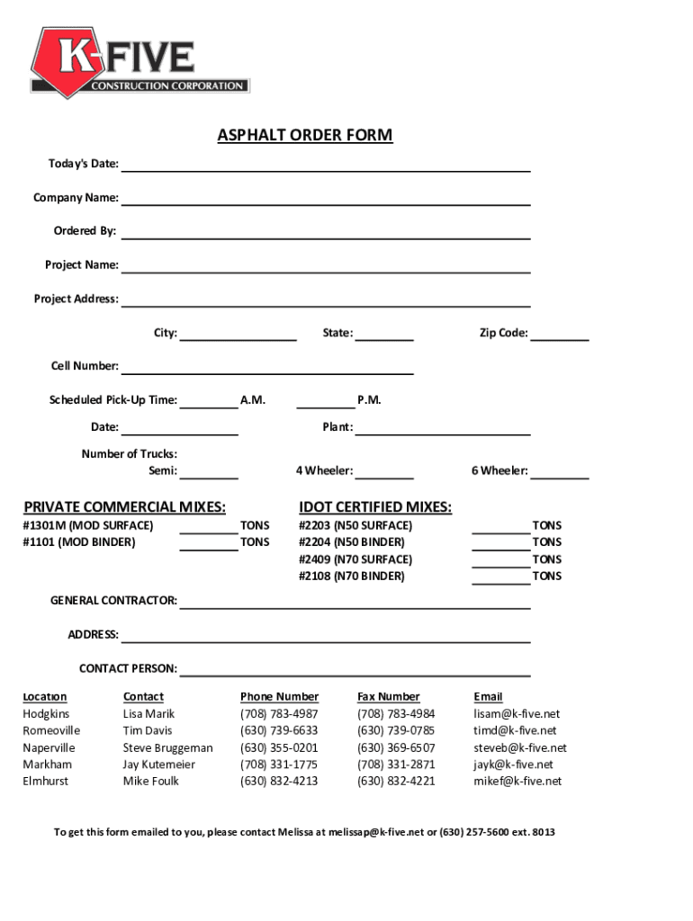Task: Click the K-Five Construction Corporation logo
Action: click(x=139, y=60)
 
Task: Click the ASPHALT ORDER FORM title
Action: click(x=305, y=136)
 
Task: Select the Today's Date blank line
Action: click(x=325, y=165)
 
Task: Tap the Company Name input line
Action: click(x=325, y=199)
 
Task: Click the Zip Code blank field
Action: click(x=559, y=335)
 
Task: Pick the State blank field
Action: click(x=384, y=335)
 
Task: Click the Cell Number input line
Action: click(x=267, y=367)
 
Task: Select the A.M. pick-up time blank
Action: click(x=209, y=402)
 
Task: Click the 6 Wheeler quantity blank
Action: click(x=559, y=472)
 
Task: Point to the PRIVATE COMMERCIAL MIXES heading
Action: click(x=125, y=507)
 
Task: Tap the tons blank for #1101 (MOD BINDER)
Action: click(x=209, y=543)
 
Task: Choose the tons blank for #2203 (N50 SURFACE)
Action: click(x=500, y=526)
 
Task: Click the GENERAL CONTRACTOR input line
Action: click(x=355, y=603)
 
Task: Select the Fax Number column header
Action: click(x=388, y=697)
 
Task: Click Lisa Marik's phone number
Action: click(x=279, y=714)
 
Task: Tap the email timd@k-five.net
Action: click(x=515, y=731)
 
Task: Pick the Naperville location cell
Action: click(x=49, y=748)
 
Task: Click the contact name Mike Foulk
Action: click(x=150, y=782)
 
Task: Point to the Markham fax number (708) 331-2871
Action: click(x=396, y=765)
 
